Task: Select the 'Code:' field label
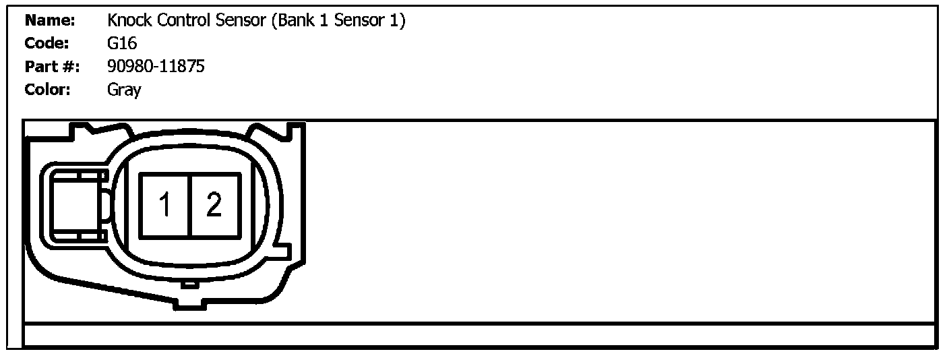47,44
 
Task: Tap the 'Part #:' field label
52,67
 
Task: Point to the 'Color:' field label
48,89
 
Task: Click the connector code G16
122,44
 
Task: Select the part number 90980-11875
156,67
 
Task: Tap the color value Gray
124,90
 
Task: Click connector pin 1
165,204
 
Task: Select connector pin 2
214,204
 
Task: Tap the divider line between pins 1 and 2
191,205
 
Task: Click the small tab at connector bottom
191,284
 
